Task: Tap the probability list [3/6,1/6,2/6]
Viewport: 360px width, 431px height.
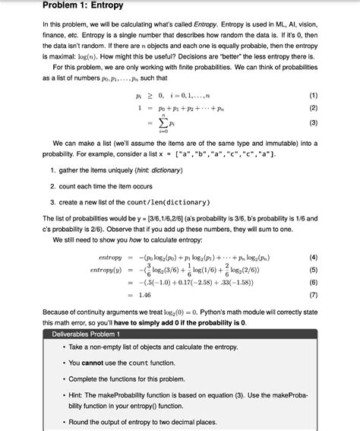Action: pos(156,219)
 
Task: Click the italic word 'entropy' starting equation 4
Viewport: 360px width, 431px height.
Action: pos(110,258)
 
